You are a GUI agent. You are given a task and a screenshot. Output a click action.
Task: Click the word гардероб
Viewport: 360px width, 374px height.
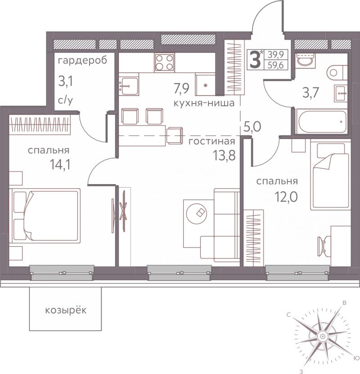coord(82,61)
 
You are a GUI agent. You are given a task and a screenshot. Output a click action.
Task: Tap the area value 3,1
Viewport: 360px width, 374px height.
coord(66,81)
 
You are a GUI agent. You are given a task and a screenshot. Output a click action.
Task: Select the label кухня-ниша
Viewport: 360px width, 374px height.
coord(204,103)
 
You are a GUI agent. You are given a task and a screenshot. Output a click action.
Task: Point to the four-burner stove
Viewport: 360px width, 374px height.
coord(165,63)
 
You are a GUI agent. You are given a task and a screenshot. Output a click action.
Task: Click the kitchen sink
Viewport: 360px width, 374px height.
coord(129,86)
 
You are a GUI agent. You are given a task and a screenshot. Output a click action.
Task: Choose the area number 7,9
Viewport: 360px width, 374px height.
coord(181,88)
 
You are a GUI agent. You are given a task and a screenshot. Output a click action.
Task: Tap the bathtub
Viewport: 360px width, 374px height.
coord(321,122)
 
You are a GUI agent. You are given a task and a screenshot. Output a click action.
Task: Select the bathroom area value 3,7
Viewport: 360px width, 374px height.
coord(310,93)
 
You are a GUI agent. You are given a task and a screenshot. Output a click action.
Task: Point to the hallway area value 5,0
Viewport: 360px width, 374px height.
coord(252,126)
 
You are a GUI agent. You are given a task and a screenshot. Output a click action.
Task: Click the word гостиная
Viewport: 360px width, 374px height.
coord(211,141)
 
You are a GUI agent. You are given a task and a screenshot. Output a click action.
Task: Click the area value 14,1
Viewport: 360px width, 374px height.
coord(60,164)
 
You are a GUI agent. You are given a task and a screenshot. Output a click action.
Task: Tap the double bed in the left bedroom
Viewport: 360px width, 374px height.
coord(45,216)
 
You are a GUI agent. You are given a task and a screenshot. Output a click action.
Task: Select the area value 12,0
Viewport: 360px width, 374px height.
coord(286,197)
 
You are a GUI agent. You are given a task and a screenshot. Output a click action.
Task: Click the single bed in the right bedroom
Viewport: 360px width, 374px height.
coord(330,175)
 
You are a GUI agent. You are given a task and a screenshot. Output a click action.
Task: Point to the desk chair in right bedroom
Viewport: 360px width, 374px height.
coord(323,246)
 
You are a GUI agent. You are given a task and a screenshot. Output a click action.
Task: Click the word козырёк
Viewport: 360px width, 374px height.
coord(66,310)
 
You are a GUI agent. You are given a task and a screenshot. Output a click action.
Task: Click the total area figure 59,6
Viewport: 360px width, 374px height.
coord(275,65)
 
